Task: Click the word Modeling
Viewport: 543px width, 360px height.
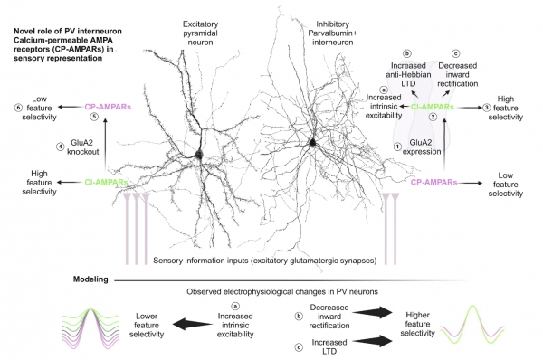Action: point(92,279)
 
